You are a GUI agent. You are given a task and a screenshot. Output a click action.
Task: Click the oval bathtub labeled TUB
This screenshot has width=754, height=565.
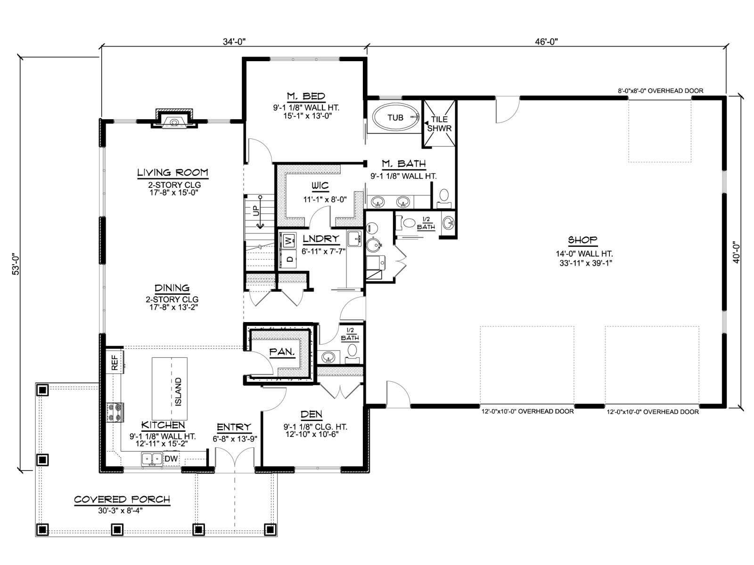pos(396,118)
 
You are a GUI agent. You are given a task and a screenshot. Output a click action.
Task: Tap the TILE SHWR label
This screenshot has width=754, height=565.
pos(439,124)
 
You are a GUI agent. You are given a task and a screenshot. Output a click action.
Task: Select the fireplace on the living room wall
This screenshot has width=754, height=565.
pos(174,119)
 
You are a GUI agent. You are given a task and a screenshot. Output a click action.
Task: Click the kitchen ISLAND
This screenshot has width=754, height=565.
pos(170,388)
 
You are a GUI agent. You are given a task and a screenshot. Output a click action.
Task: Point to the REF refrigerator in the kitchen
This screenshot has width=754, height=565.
pos(115,362)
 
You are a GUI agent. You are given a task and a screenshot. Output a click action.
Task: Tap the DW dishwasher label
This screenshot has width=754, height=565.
pos(171,459)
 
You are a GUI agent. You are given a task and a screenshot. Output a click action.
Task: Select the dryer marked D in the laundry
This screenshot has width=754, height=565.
pos(288,258)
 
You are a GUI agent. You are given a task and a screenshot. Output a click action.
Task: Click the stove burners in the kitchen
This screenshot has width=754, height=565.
pos(115,412)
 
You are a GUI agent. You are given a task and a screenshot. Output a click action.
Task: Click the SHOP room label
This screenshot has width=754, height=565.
pos(582,240)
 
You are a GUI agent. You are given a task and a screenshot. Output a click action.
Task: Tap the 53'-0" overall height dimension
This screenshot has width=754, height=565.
pos(16,264)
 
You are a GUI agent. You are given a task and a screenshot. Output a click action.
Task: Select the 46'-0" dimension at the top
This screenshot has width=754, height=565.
pos(546,41)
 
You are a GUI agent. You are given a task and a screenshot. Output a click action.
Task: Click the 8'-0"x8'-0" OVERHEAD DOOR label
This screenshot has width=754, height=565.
pos(661,91)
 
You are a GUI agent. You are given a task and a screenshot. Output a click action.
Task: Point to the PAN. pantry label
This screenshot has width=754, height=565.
pos(282,352)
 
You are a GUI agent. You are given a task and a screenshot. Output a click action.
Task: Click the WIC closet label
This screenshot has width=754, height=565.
pos(320,186)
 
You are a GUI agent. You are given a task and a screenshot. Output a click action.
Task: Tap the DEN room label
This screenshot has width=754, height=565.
pos(311,414)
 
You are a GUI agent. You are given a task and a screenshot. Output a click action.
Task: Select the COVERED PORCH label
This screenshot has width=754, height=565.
pos(122,500)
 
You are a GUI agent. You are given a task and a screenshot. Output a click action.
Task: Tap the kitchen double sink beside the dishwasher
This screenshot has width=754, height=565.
pos(152,459)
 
